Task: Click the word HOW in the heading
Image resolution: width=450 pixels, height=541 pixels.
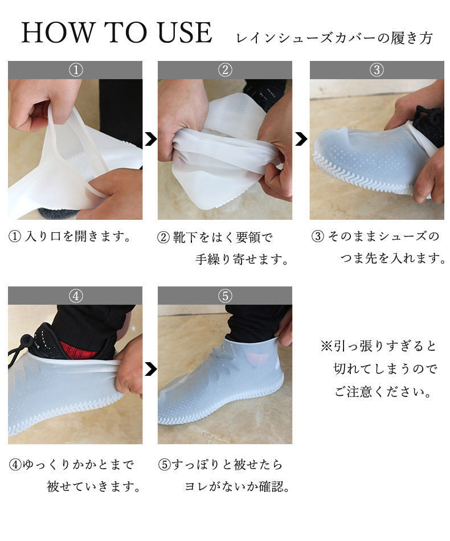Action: (57, 32)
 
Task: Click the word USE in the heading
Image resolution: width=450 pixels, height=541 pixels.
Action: (185, 32)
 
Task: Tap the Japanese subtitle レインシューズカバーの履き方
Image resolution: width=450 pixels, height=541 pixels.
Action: (334, 38)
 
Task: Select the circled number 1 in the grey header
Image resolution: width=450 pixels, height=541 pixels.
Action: (76, 70)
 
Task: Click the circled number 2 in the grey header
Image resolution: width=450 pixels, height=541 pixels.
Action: (225, 70)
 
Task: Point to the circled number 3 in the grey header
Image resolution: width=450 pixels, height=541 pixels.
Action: (377, 70)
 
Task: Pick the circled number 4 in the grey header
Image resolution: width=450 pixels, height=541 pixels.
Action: (76, 296)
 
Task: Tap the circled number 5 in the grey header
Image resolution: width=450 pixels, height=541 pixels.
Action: (225, 296)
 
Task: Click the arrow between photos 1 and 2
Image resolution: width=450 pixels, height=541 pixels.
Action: (151, 139)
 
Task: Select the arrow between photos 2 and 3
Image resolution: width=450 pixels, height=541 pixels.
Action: (301, 139)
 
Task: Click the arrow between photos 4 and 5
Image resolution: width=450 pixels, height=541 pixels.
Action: (151, 369)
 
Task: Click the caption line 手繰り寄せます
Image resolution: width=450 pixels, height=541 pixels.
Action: (242, 259)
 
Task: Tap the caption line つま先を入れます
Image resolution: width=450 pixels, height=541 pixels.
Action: (394, 258)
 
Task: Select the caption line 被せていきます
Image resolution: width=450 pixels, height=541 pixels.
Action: (93, 486)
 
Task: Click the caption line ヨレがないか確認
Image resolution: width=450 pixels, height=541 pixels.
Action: (237, 486)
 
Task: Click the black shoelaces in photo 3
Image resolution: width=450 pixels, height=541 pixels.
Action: (428, 125)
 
